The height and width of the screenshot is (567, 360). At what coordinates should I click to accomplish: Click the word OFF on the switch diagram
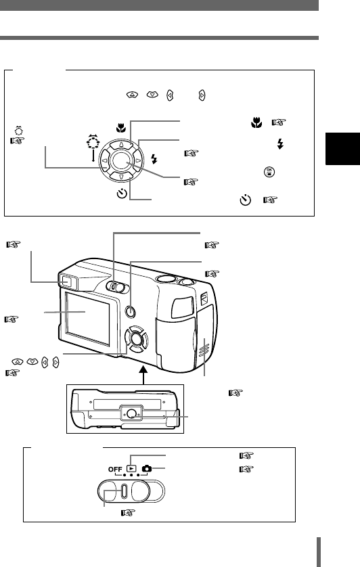[115, 469]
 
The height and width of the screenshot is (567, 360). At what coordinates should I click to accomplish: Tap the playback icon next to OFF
[131, 468]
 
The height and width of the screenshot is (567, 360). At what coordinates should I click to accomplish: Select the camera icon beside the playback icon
[147, 469]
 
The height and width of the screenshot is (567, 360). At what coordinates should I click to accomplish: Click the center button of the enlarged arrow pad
[120, 160]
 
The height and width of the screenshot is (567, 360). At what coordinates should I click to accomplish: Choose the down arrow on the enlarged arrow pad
[121, 177]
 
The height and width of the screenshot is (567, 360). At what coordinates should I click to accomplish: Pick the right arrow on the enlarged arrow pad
[137, 160]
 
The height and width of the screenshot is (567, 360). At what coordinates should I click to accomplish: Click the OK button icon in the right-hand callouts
[269, 172]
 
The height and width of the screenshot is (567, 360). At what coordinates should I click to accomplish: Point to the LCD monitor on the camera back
[87, 319]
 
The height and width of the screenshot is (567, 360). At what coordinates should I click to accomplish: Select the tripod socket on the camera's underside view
[132, 413]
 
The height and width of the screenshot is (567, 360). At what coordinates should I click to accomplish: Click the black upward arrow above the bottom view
[143, 375]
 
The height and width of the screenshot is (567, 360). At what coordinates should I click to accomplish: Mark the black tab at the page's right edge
[342, 149]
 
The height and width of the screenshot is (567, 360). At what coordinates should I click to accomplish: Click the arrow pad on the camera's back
[137, 339]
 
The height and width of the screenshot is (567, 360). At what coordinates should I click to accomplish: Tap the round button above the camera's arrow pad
[130, 311]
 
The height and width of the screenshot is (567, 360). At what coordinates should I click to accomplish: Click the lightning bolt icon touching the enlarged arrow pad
[154, 159]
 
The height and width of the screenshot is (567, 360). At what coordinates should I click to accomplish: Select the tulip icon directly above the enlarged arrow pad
[120, 128]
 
